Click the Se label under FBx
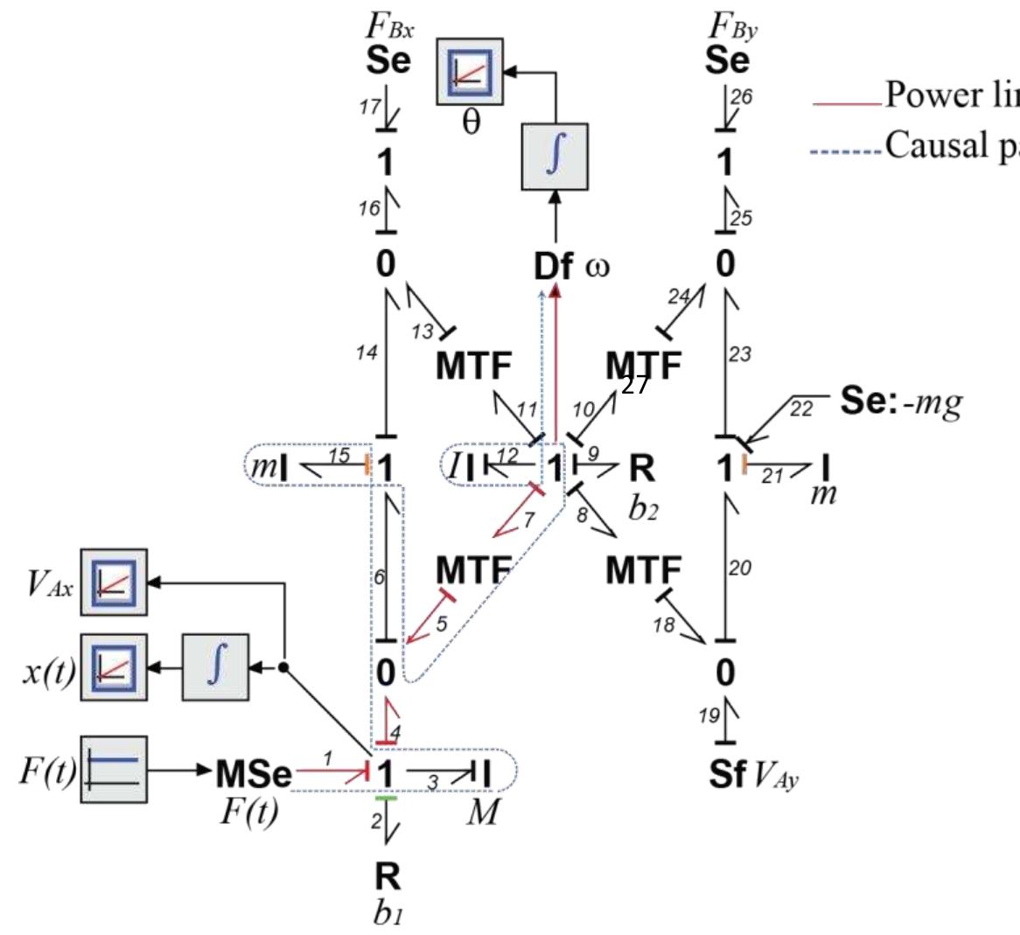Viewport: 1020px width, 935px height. click(388, 61)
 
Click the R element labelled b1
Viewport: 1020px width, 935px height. click(388, 876)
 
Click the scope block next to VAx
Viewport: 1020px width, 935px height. click(115, 582)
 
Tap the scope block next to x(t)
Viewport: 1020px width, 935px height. click(115, 668)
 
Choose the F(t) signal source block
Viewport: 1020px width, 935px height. click(115, 769)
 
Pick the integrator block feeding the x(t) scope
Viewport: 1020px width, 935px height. click(214, 668)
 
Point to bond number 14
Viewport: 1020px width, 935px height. click(367, 353)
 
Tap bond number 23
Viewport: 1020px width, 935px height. click(739, 354)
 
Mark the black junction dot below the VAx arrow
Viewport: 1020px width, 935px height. click(283, 668)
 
